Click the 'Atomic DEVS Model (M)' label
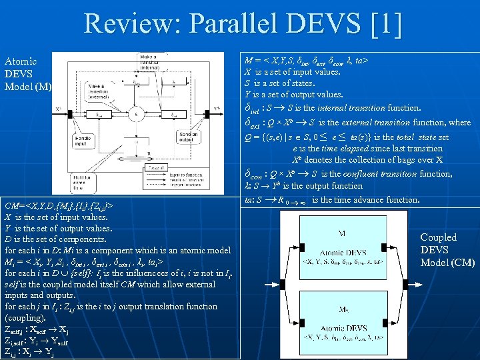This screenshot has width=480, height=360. coord(27,73)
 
